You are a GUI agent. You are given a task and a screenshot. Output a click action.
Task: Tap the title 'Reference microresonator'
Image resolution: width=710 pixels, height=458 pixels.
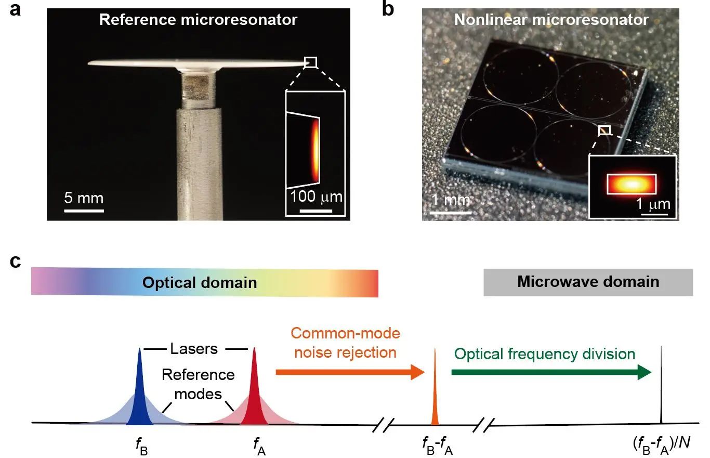[198, 20]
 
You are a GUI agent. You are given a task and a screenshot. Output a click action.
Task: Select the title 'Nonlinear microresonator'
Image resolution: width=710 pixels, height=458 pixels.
[551, 20]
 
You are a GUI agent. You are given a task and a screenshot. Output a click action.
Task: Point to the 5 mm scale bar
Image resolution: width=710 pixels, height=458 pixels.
[84, 210]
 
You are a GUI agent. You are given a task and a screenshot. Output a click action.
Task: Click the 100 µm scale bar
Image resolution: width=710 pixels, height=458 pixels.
[316, 211]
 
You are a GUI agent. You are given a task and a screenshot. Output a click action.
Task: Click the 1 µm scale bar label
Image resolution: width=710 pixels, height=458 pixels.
[653, 203]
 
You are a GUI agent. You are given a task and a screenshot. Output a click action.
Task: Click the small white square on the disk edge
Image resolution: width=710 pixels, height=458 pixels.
[310, 62]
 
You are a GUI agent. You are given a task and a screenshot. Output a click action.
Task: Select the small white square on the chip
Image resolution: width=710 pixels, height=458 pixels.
[604, 130]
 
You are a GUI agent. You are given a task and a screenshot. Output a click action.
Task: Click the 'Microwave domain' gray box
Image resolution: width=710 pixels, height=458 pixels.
[588, 282]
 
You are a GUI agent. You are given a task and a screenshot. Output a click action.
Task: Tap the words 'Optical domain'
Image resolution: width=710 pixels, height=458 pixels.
[200, 282]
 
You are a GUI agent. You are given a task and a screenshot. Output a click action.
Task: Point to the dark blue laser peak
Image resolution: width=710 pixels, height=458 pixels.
[139, 395]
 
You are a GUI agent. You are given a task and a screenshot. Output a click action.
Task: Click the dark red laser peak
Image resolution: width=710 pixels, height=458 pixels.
[254, 395]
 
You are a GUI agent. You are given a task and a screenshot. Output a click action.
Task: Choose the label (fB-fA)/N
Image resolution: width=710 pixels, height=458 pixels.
[660, 444]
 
